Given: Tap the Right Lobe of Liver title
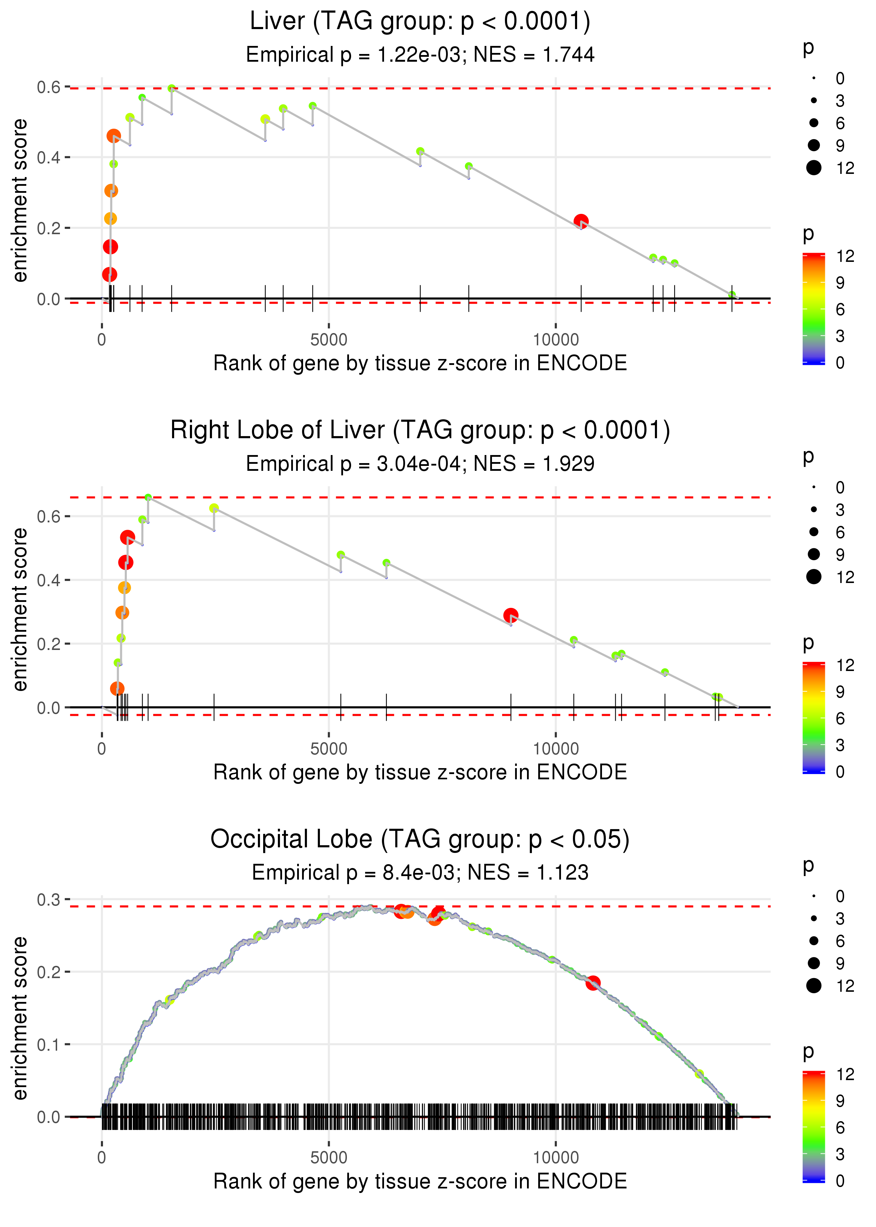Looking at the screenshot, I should click(x=420, y=431).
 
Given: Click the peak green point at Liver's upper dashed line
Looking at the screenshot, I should click(x=172, y=88).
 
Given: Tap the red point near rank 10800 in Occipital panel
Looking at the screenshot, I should click(x=593, y=983).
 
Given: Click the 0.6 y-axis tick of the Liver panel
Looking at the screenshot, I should click(x=49, y=87).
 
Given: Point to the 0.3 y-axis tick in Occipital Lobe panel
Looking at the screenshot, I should click(x=49, y=900).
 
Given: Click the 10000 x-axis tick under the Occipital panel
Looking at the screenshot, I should click(x=556, y=1158).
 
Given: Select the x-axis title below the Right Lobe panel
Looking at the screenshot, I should click(x=420, y=772).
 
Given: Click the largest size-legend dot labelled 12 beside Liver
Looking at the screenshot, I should click(x=813, y=168).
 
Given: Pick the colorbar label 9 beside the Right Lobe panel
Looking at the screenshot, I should click(x=840, y=692).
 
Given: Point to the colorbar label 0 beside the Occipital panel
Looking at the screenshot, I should click(x=840, y=1181).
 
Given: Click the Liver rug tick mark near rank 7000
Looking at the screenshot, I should click(x=420, y=298).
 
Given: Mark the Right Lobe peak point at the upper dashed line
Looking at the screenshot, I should click(x=148, y=497).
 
